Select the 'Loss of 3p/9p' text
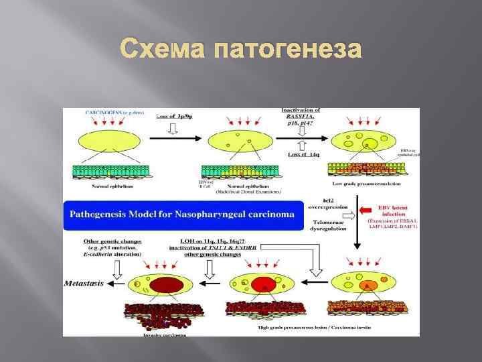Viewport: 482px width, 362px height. click(x=175, y=116)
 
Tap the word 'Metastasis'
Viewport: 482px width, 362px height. click(x=84, y=283)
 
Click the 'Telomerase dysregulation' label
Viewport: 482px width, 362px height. click(x=329, y=225)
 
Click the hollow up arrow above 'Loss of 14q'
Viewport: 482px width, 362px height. click(x=301, y=143)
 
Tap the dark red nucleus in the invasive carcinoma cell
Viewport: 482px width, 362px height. click(x=161, y=286)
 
